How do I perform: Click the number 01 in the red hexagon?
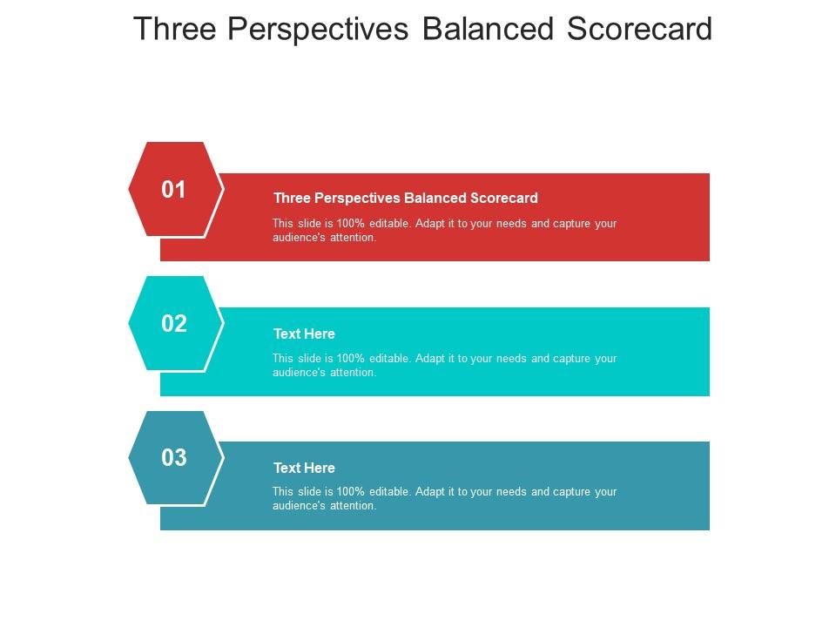[x=174, y=190]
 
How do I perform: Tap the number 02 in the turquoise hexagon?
[x=174, y=324]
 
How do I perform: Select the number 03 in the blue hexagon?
[x=174, y=458]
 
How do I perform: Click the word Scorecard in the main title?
[x=639, y=29]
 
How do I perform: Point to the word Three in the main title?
[x=174, y=29]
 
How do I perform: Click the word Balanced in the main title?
[x=488, y=29]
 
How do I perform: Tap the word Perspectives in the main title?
[x=317, y=29]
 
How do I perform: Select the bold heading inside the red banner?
[x=405, y=198]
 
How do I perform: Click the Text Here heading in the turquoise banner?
[x=304, y=334]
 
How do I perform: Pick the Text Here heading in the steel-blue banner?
[x=304, y=468]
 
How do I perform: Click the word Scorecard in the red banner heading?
[x=504, y=198]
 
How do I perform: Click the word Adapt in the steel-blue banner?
[x=431, y=492]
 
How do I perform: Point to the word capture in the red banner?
[x=573, y=224]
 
